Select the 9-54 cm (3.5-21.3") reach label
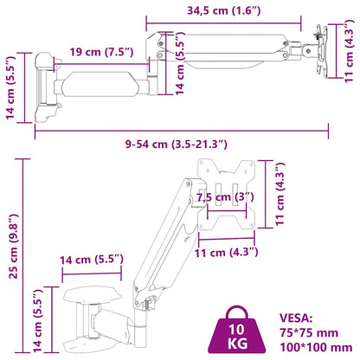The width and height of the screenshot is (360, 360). pos(182,144)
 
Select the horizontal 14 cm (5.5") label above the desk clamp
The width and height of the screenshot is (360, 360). pos(89,258)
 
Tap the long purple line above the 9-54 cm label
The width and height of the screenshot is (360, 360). pos(182,132)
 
